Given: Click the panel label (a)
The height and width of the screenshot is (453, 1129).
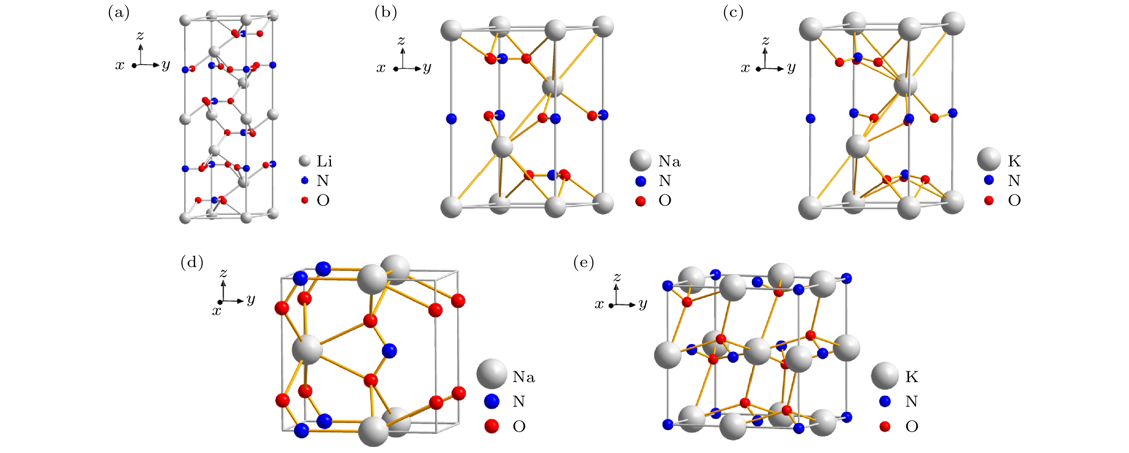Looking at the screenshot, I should [x=119, y=13].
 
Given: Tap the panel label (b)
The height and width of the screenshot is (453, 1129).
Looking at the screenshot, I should [x=386, y=13].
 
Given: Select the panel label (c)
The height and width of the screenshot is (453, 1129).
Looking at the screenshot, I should [x=733, y=13].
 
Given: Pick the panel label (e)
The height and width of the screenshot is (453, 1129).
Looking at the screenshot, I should [x=584, y=263].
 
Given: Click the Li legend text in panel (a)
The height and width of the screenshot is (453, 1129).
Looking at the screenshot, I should [x=324, y=161].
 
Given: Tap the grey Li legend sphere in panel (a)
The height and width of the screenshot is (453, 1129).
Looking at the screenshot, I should [x=305, y=161].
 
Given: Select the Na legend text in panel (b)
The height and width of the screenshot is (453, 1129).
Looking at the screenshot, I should [x=669, y=161].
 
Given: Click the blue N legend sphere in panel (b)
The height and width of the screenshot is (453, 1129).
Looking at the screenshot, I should [x=641, y=181].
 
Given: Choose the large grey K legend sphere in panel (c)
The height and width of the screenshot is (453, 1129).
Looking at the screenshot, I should [x=989, y=159].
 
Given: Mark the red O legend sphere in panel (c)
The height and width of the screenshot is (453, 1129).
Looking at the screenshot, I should [x=989, y=201].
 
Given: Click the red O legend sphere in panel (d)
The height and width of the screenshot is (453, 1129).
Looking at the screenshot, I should [x=492, y=426].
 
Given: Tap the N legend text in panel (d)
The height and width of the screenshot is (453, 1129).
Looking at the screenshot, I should [x=519, y=401].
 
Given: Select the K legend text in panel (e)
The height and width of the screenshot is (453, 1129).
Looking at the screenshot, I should [x=912, y=377].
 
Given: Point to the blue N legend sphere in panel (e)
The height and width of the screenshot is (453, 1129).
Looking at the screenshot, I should [x=885, y=401].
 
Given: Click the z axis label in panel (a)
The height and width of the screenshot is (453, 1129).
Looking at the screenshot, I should [x=140, y=35].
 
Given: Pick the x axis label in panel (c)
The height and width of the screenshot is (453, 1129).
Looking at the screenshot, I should [x=745, y=68].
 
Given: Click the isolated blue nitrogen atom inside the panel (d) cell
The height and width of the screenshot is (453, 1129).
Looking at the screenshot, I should [x=389, y=351].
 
